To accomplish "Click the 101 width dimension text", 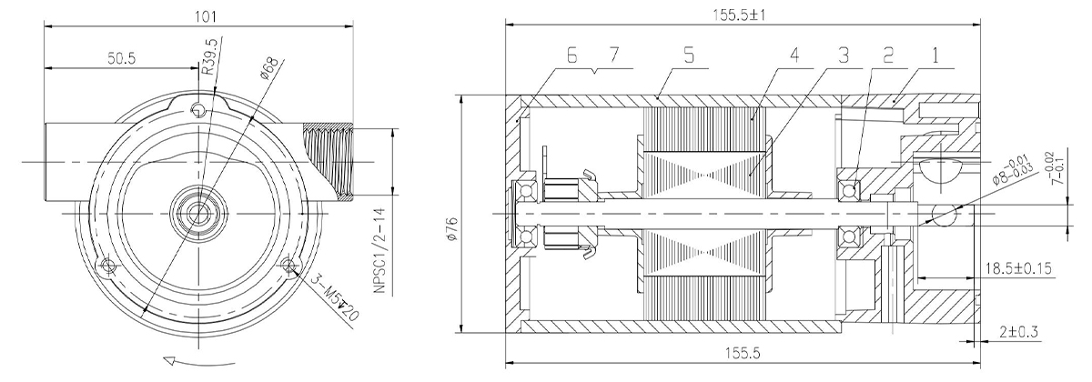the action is tap(206, 16).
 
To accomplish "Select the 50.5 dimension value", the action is tap(121, 58).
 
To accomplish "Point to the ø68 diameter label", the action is tap(269, 68).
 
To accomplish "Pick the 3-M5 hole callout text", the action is tap(335, 297).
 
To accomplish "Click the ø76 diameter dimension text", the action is tap(452, 228).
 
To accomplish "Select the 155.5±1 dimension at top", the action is tap(739, 15).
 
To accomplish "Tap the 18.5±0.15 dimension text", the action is tap(1018, 268).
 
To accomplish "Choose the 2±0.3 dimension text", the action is tap(1019, 332).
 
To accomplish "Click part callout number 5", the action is tap(688, 55).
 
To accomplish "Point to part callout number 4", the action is tap(794, 55).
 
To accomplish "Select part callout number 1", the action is tap(935, 56).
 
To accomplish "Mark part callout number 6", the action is tap(572, 55).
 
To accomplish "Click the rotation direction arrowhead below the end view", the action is tap(170, 361).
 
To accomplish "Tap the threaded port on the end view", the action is tap(329, 162).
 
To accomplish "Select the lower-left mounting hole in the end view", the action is tap(106, 265).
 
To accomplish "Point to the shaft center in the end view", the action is tap(198, 214).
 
